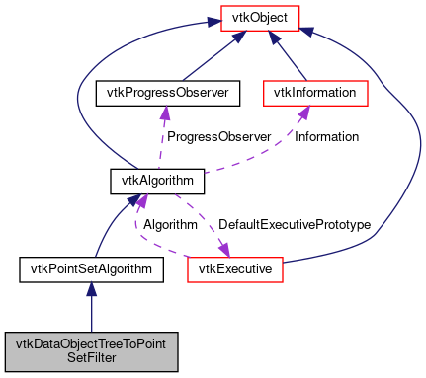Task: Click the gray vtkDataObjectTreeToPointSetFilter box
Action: coord(91,350)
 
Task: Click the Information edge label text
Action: coord(326,136)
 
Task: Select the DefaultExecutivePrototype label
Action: coord(294,225)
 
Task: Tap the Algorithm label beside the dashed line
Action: coord(170,225)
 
